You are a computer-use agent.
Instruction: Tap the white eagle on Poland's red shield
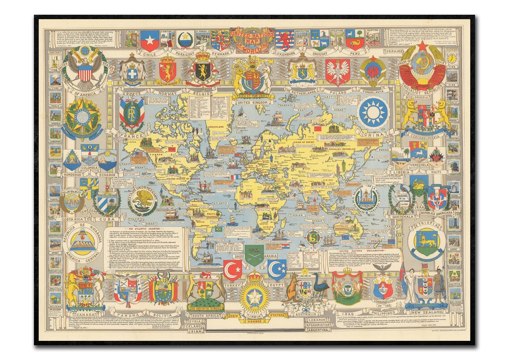pyautogui.click(x=337, y=71)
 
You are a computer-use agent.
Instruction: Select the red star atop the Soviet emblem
pyautogui.click(x=422, y=46)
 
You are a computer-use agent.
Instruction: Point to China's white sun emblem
pyautogui.click(x=373, y=112)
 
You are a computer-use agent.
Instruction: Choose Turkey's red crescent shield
pyautogui.click(x=232, y=269)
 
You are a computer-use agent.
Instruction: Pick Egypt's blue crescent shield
pyautogui.click(x=277, y=269)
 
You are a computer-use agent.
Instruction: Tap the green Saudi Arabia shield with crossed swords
pyautogui.click(x=254, y=255)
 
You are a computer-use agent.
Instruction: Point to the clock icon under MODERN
pyautogui.click(x=452, y=58)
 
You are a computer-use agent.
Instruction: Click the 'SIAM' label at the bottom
pyautogui.click(x=192, y=331)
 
